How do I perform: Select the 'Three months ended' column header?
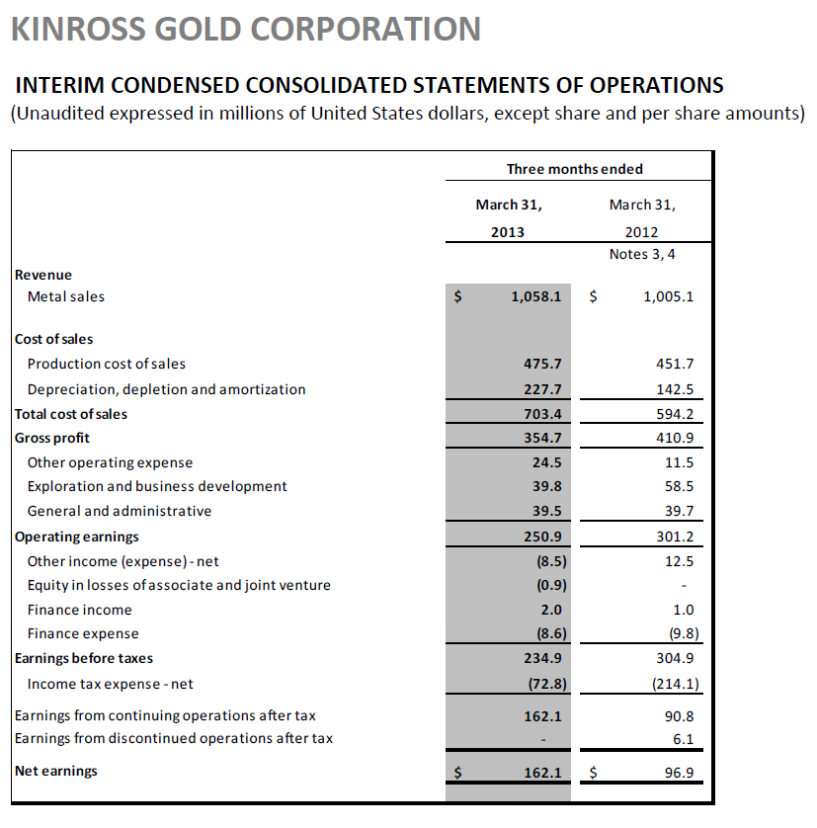(x=574, y=169)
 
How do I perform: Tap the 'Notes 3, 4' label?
(x=642, y=255)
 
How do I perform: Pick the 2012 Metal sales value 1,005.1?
(x=668, y=295)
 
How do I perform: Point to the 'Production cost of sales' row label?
(x=107, y=364)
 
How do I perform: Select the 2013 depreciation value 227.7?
(x=542, y=389)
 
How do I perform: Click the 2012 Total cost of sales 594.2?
(x=675, y=414)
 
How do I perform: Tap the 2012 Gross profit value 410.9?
(x=675, y=438)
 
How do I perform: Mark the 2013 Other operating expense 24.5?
(x=546, y=462)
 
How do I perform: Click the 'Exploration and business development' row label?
(x=157, y=486)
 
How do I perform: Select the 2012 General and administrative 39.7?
(x=678, y=511)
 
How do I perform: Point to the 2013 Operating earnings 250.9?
(x=542, y=537)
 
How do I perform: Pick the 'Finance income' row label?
(x=79, y=610)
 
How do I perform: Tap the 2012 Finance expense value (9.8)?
(x=678, y=633)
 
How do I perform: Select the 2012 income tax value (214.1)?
(x=671, y=684)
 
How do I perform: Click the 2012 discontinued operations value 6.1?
(x=682, y=738)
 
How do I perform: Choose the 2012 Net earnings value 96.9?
(x=678, y=771)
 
